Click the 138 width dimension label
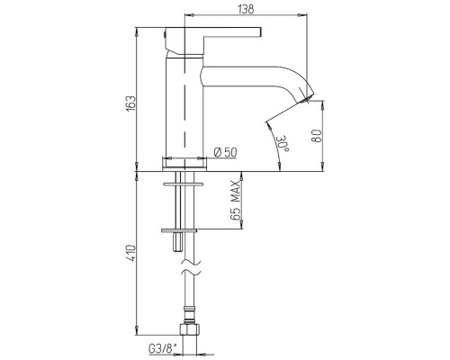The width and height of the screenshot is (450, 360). (x=246, y=9)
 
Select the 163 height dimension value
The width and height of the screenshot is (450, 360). (x=130, y=103)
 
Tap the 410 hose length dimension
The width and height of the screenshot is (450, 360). (x=130, y=254)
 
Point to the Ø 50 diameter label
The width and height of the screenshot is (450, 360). (x=225, y=152)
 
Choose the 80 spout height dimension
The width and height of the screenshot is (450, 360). (x=317, y=136)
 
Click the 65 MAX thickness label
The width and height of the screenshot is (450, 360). (x=237, y=201)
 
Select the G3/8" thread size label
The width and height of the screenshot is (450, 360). (x=162, y=349)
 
